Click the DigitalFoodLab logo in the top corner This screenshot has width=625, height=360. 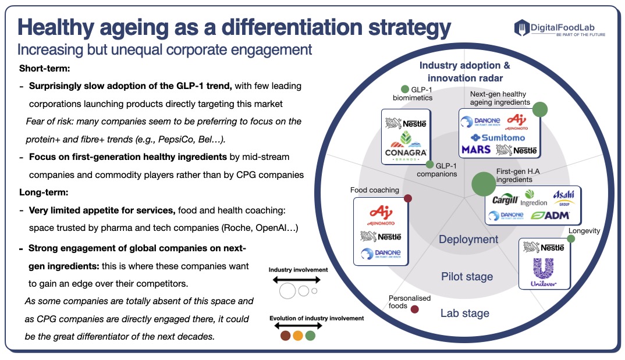(x=559, y=28)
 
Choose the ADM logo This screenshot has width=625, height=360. (x=550, y=215)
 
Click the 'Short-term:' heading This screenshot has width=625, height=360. (x=44, y=68)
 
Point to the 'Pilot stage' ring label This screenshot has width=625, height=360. (x=467, y=276)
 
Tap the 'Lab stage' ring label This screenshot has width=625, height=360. (x=464, y=313)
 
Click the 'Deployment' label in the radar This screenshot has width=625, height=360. (x=468, y=240)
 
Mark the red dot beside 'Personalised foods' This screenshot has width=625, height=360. (x=415, y=309)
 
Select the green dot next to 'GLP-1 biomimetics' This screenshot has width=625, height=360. (x=405, y=90)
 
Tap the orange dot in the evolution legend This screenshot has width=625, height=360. (x=297, y=336)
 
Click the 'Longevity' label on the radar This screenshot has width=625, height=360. (x=584, y=231)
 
